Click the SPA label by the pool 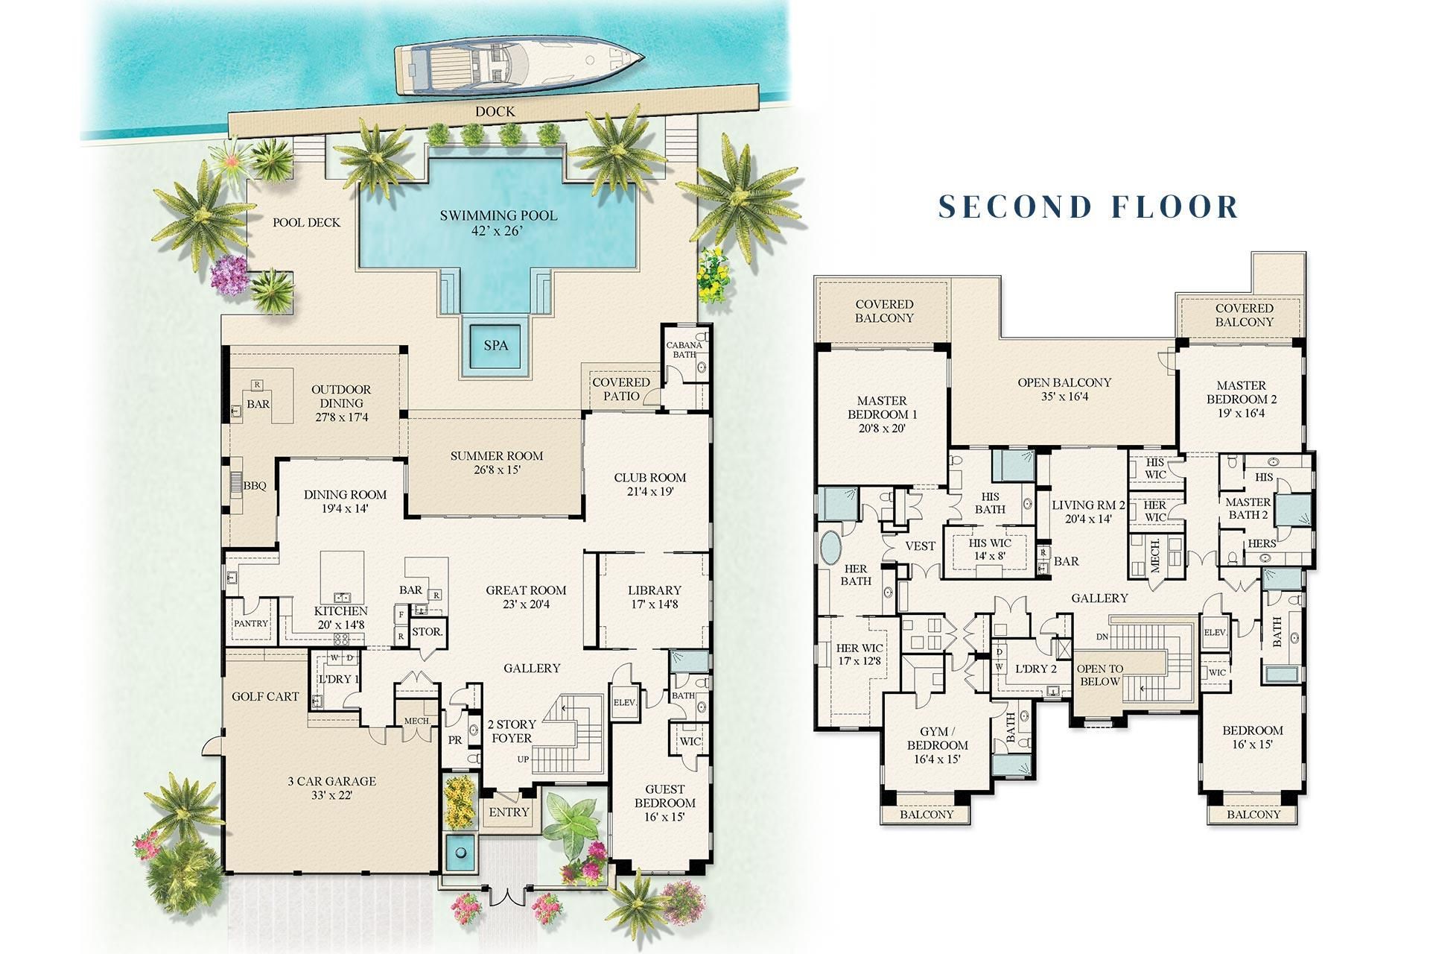pos(496,345)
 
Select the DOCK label pos(495,112)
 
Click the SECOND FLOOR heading pos(1087,206)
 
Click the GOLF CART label pos(265,697)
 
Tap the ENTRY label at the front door pos(509,812)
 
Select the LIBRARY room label pos(654,590)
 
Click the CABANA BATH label pos(684,350)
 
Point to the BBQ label pos(255,486)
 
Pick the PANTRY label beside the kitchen pos(251,623)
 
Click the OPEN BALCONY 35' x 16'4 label pos(1064,389)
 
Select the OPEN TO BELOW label pos(1099,675)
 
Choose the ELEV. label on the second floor pos(1215,632)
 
